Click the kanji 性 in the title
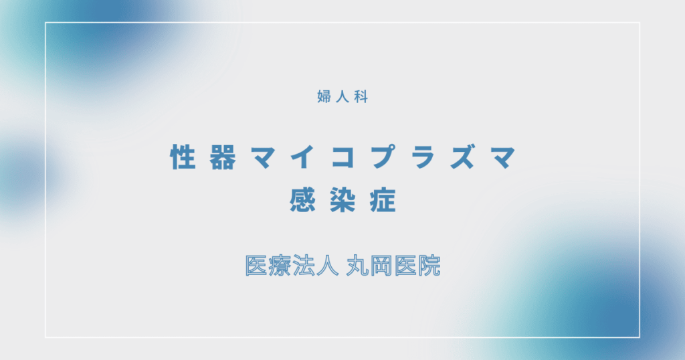click(x=183, y=159)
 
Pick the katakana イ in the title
click(x=303, y=159)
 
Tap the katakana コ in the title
click(x=342, y=159)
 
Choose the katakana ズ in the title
click(x=462, y=159)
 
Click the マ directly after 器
click(x=263, y=159)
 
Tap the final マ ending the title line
click(x=502, y=159)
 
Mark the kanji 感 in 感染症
click(x=302, y=200)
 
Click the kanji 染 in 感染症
click(x=342, y=200)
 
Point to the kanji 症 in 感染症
click(x=383, y=200)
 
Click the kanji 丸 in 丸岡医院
click(x=355, y=266)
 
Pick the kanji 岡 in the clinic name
click(x=379, y=266)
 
